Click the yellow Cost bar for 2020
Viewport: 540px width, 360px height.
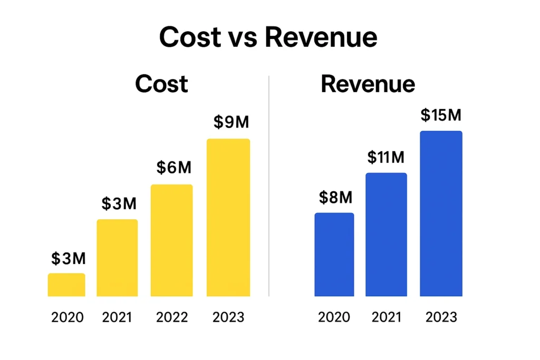(x=66, y=285)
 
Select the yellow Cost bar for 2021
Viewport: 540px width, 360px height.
(x=117, y=258)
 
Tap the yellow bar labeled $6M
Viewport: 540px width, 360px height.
(x=172, y=240)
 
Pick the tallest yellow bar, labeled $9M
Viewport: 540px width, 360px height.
(x=228, y=217)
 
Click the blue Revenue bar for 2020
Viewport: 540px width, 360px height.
(x=334, y=255)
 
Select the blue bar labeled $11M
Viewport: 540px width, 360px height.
(x=387, y=235)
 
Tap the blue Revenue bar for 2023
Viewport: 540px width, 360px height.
(x=441, y=213)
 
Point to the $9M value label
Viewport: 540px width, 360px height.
(x=231, y=122)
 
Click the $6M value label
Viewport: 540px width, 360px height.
(x=174, y=168)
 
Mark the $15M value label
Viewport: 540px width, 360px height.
(x=441, y=115)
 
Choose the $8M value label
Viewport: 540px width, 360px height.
(x=335, y=197)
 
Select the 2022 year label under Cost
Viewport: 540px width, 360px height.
(x=172, y=317)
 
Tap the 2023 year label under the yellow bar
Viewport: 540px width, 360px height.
(x=228, y=317)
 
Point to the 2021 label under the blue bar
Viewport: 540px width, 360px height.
(x=387, y=317)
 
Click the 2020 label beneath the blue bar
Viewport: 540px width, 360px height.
(x=334, y=317)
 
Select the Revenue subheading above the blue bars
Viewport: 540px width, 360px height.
(x=368, y=84)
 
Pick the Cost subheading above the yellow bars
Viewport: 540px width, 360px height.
(x=161, y=84)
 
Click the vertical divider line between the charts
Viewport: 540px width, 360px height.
(x=269, y=184)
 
